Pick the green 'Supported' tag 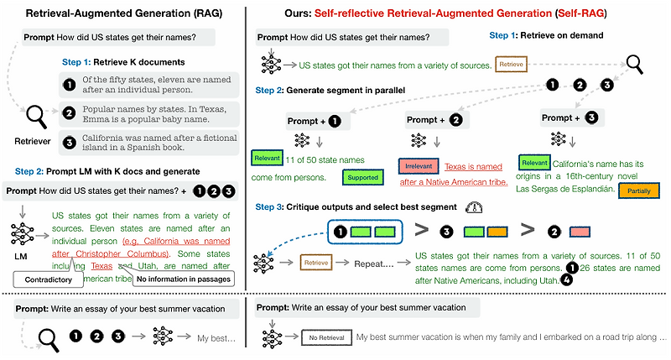(361, 177)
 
